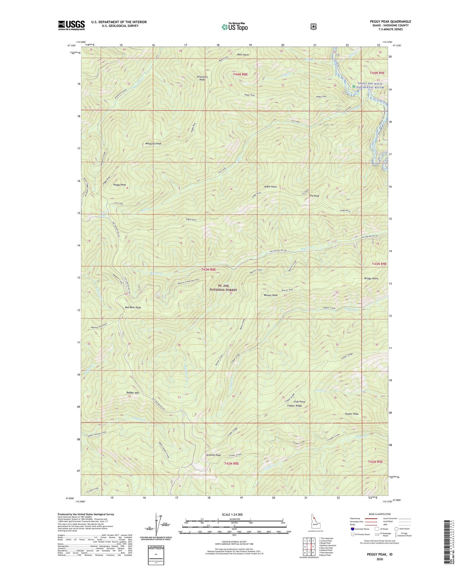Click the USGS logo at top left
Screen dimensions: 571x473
pyautogui.click(x=72, y=25)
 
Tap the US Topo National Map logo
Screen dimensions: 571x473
pyautogui.click(x=235, y=27)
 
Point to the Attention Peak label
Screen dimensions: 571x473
pyautogui.click(x=202, y=78)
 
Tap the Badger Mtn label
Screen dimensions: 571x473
pyautogui.click(x=132, y=393)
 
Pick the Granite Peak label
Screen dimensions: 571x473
pyautogui.click(x=213, y=455)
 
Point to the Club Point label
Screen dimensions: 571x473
pyautogui.click(x=299, y=402)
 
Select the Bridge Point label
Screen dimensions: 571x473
pyautogui.click(x=371, y=279)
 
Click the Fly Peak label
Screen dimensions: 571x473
pyautogui.click(x=314, y=196)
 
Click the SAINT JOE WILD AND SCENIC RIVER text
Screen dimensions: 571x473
pyautogui.click(x=371, y=86)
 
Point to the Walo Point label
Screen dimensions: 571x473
pyautogui.click(x=243, y=55)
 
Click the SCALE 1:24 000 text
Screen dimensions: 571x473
pyautogui.click(x=234, y=514)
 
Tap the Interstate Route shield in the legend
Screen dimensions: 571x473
pyautogui.click(x=353, y=529)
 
